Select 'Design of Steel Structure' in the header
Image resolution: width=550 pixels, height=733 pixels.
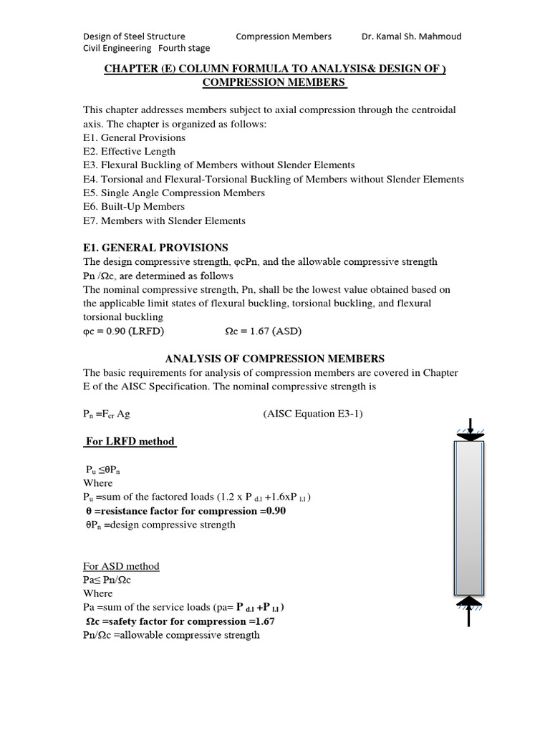tap(134, 36)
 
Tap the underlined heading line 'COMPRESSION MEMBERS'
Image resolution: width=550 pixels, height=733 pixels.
tap(274, 82)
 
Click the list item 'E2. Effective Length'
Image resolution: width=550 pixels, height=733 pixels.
tap(129, 151)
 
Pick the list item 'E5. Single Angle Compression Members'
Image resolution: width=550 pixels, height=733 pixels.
tap(174, 193)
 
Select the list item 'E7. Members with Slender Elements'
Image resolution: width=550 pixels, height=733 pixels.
tap(164, 220)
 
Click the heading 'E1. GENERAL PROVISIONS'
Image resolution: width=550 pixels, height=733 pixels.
tap(155, 248)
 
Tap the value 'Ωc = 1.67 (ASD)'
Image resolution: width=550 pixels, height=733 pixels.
tap(259, 331)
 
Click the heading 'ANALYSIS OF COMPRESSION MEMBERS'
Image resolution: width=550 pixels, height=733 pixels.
tap(275, 358)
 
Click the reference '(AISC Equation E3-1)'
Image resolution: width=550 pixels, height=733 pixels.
tap(313, 414)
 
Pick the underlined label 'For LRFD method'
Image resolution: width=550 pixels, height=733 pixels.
tap(130, 441)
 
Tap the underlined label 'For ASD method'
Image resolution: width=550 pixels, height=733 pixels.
tap(121, 566)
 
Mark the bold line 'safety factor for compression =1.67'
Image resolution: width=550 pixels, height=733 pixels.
tap(179, 621)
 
